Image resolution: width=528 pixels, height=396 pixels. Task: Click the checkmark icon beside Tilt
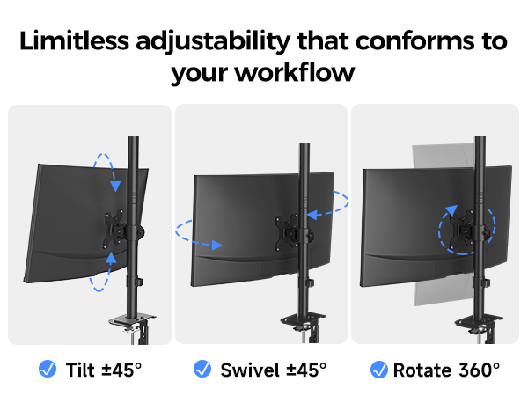point(48,369)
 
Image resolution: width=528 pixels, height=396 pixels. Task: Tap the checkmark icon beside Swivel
point(202,369)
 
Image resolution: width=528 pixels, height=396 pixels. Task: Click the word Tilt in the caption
point(79,369)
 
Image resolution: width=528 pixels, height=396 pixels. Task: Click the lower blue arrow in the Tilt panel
point(101,273)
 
